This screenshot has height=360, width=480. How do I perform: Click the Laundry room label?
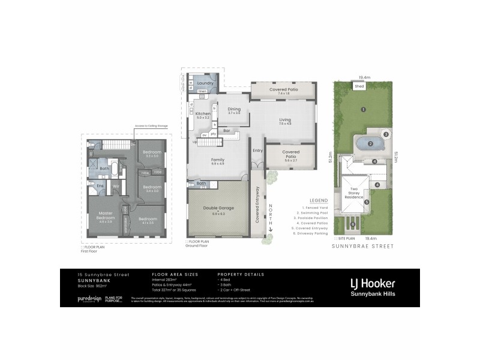205,83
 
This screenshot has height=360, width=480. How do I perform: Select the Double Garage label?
218,208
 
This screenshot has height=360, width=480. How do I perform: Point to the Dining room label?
233,109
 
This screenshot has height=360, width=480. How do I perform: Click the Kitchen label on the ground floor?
202,114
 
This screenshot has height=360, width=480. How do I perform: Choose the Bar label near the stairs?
227,130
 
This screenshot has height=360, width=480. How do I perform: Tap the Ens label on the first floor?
100,185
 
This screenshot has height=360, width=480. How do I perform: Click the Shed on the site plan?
359,86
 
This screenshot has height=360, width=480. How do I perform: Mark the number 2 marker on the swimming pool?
370,144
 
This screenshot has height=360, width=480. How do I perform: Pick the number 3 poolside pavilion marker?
386,134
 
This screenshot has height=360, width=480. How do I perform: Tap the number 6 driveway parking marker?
353,226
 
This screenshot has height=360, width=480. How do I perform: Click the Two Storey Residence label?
354,193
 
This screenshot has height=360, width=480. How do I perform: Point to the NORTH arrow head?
271,230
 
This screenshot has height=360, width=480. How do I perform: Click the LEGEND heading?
318,200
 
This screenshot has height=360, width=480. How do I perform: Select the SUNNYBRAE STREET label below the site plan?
362,246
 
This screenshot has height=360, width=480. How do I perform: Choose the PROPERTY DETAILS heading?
240,274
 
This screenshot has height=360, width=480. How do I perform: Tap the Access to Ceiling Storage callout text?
151,126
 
